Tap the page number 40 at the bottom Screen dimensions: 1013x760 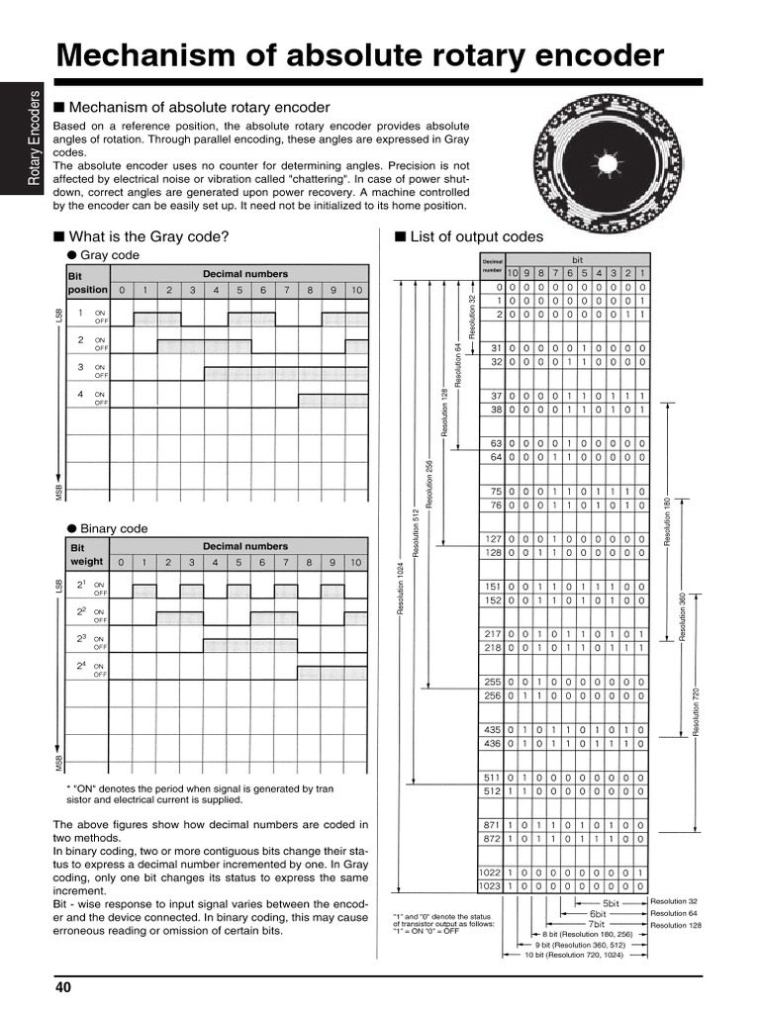[x=63, y=987]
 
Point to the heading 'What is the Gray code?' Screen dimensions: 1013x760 [x=149, y=236]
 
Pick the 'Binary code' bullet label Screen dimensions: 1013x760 [x=114, y=528]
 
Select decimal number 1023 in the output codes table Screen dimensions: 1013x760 [x=491, y=887]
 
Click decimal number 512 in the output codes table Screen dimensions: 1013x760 [x=494, y=791]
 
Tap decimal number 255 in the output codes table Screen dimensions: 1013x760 [x=494, y=682]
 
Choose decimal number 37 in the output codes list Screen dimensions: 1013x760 [x=497, y=396]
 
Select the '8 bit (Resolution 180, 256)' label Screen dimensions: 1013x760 [x=587, y=934]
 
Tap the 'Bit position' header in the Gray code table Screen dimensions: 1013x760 [x=86, y=282]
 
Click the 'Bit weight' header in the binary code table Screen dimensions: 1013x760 [x=86, y=554]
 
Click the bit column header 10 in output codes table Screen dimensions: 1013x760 [x=513, y=273]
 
